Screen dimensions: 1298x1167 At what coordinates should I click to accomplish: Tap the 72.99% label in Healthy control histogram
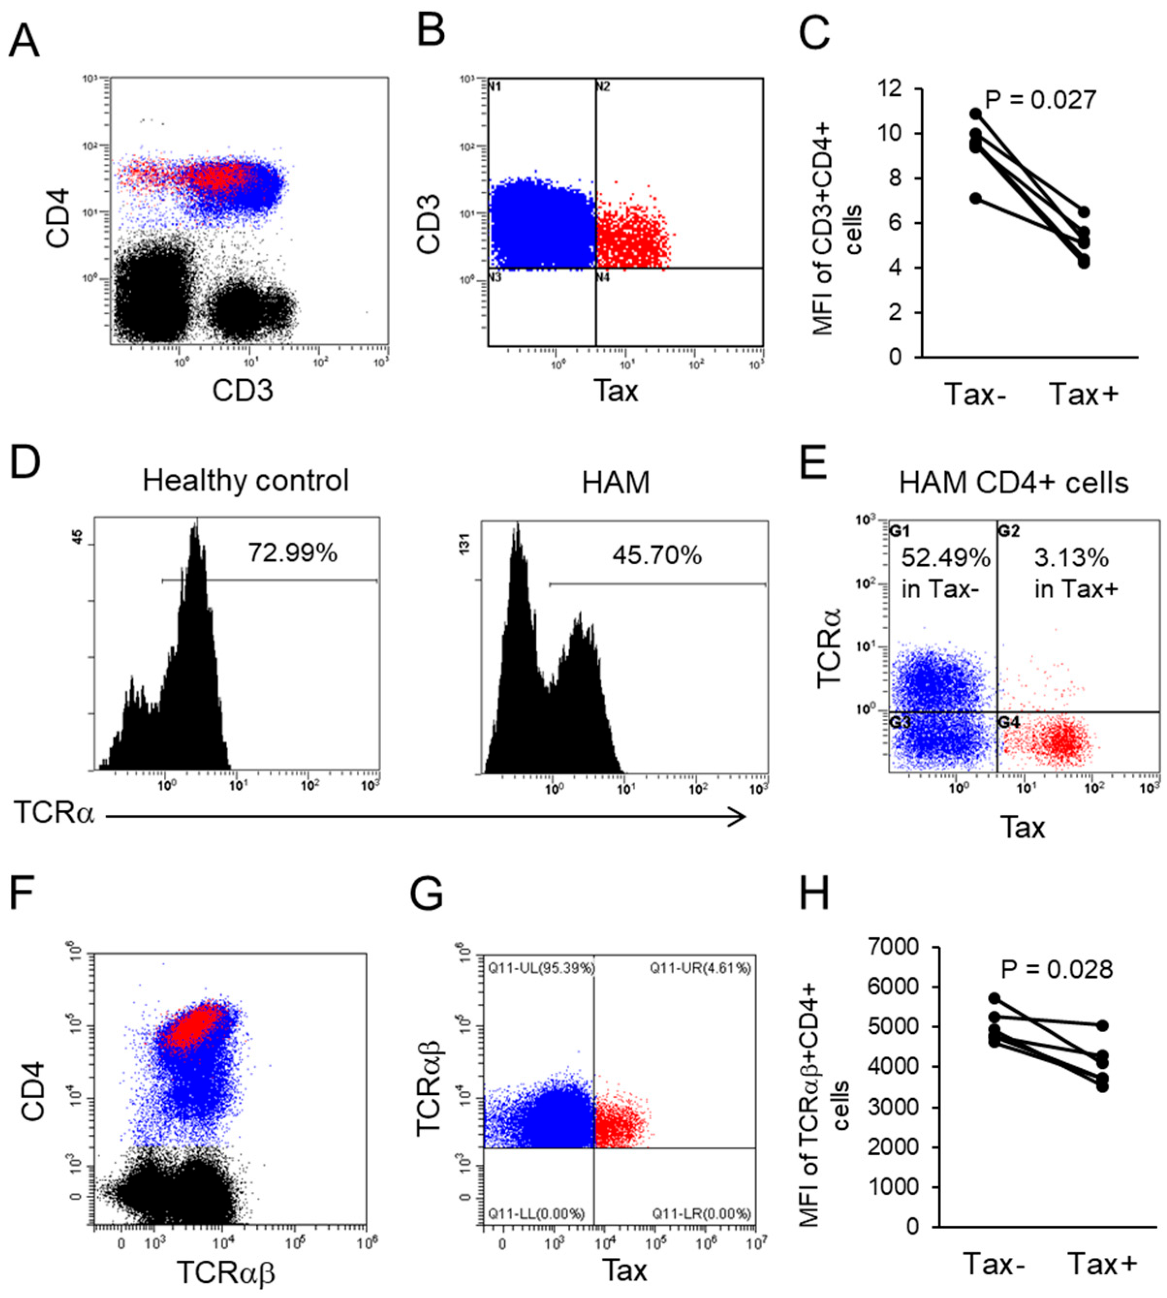[293, 553]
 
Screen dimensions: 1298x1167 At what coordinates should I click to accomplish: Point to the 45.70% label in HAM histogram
[656, 555]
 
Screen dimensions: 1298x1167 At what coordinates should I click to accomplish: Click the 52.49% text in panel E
[945, 558]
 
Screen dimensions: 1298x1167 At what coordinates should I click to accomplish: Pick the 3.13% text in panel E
[1071, 558]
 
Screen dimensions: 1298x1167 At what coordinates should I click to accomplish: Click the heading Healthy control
[246, 480]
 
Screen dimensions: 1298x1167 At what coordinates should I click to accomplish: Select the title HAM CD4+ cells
[1013, 482]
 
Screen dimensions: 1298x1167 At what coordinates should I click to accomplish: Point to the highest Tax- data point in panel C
[975, 113]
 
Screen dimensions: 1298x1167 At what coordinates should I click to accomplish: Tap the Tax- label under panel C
[975, 395]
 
